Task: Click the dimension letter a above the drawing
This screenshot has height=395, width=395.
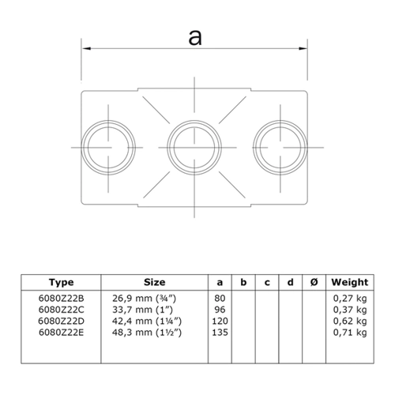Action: click(x=195, y=37)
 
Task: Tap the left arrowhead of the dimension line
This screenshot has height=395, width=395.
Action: click(x=86, y=48)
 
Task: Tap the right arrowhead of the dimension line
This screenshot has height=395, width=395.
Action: click(x=303, y=48)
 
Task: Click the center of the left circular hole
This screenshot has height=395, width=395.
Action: click(x=108, y=148)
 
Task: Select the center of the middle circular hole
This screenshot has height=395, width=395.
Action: click(x=194, y=148)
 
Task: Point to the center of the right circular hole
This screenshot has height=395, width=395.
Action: click(x=280, y=148)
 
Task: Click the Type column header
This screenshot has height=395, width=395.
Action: click(x=61, y=282)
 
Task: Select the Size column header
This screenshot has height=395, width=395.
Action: click(x=155, y=282)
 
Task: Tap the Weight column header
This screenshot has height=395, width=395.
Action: click(x=350, y=282)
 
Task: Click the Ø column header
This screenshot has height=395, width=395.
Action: click(x=314, y=282)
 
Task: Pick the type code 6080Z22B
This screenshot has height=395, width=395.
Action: click(x=61, y=299)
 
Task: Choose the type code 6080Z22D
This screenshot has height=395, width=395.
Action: click(x=61, y=321)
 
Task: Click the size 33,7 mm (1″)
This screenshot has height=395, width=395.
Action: click(x=142, y=310)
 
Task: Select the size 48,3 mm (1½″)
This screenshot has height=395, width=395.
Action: click(x=147, y=333)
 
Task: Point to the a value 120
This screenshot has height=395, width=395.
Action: click(x=220, y=321)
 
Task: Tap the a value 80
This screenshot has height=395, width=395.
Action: click(x=220, y=299)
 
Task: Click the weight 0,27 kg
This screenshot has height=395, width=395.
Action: click(x=350, y=299)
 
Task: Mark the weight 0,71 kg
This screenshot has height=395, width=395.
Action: click(x=350, y=333)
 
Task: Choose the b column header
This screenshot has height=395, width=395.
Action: click(x=243, y=282)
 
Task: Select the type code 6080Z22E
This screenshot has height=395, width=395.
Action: click(x=61, y=333)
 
